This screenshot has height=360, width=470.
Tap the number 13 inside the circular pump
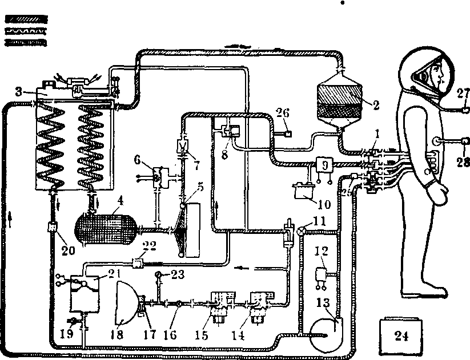[326, 317]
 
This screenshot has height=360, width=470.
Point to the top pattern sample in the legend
[25, 20]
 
